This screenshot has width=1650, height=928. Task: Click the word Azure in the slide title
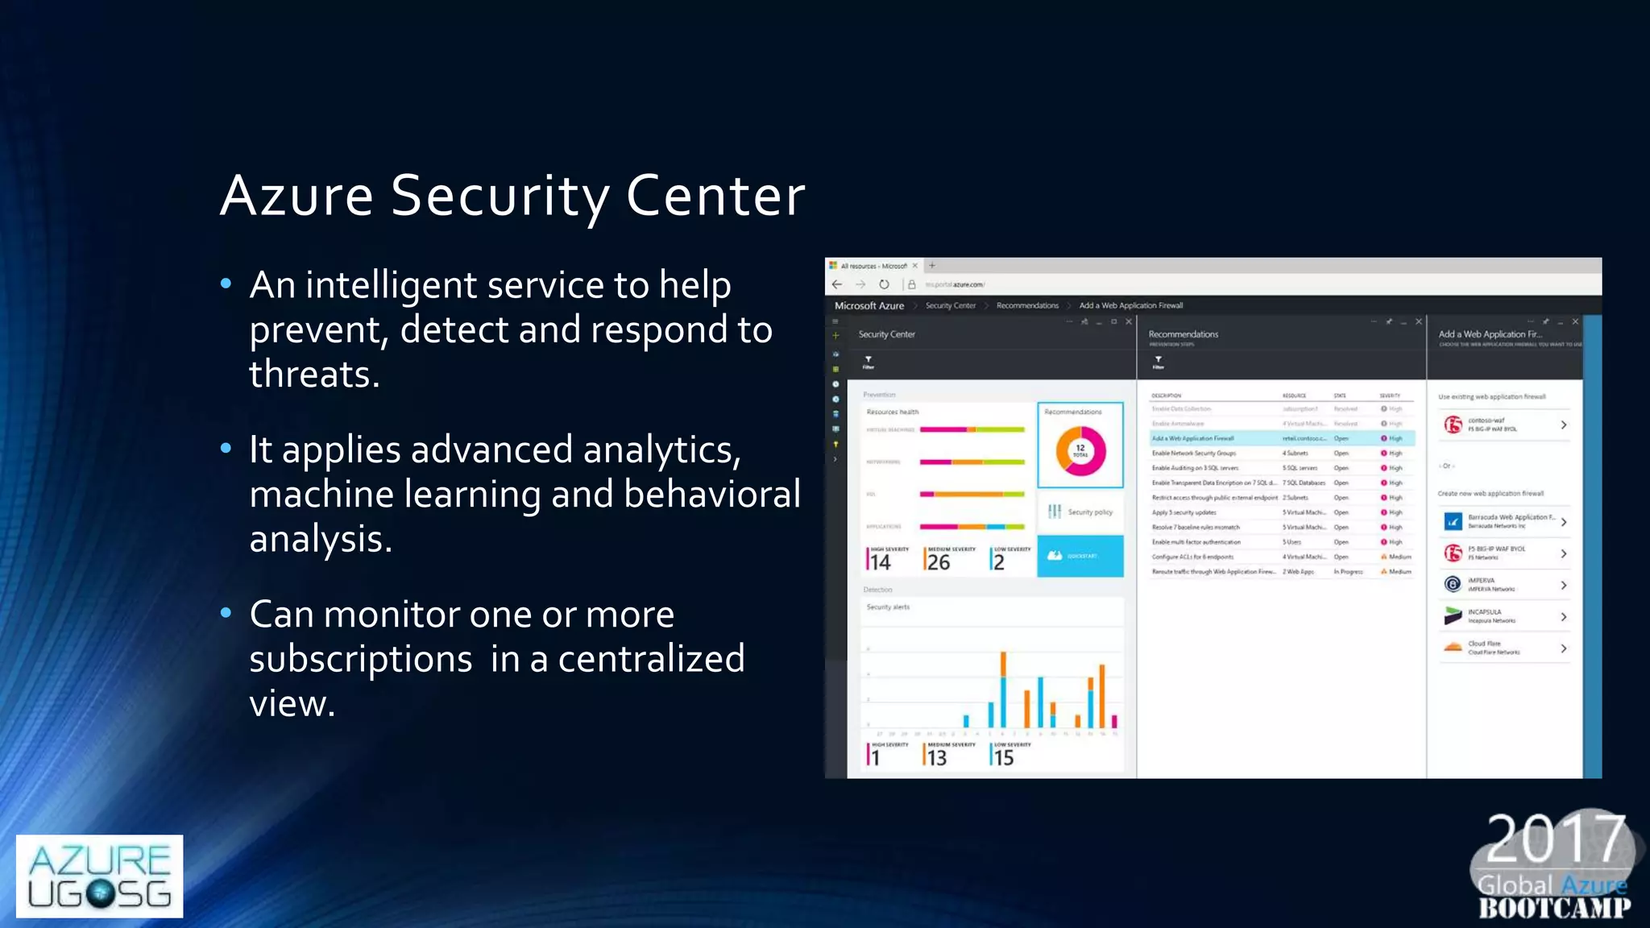(x=296, y=196)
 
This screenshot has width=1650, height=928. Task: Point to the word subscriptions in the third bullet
(x=360, y=660)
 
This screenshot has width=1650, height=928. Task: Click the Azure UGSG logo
(x=99, y=876)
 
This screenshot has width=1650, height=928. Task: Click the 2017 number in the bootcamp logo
(x=1555, y=839)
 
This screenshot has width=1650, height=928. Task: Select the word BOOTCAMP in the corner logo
(x=1554, y=909)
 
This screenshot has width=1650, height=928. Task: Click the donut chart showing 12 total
(x=1080, y=450)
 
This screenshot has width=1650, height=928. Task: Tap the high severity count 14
(x=880, y=562)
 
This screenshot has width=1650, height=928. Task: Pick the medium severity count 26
(x=939, y=562)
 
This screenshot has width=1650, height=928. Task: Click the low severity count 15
(x=1003, y=758)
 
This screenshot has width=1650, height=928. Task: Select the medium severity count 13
(x=936, y=758)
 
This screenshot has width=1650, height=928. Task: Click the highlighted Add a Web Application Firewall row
(x=1281, y=438)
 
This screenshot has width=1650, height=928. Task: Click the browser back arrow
(x=837, y=284)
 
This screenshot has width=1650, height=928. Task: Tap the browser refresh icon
(x=884, y=284)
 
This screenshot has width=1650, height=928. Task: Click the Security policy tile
(x=1080, y=512)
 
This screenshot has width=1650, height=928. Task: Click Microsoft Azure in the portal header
(x=869, y=306)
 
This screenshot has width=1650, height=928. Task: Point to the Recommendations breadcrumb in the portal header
(x=1027, y=306)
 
